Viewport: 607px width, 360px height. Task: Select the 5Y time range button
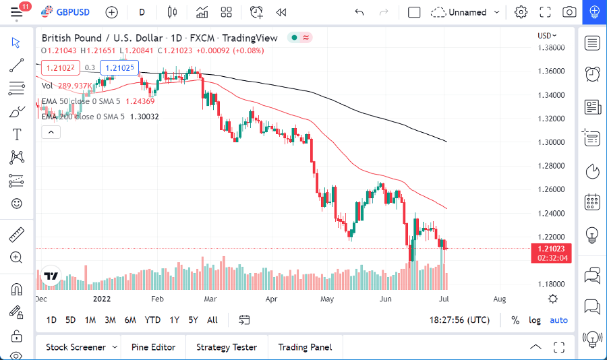(193, 320)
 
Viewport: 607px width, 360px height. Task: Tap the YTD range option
(152, 320)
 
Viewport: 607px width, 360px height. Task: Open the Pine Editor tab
(153, 347)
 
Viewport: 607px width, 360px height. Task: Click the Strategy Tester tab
(226, 347)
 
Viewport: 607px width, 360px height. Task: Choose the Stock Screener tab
(76, 347)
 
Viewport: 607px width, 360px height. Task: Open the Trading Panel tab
(305, 347)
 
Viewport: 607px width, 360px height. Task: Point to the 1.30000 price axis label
(551, 142)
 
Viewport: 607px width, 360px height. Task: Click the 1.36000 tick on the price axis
(551, 71)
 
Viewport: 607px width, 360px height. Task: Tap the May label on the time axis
(327, 299)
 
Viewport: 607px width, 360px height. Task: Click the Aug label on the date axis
(500, 299)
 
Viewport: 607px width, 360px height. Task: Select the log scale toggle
(535, 320)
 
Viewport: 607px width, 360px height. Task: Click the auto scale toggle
(558, 320)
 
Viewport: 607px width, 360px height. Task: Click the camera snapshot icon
(569, 12)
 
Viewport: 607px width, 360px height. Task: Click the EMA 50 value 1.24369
(140, 101)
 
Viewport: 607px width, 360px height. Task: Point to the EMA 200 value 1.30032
(144, 117)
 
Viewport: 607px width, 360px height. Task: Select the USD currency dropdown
(546, 36)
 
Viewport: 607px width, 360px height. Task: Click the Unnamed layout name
(467, 12)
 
